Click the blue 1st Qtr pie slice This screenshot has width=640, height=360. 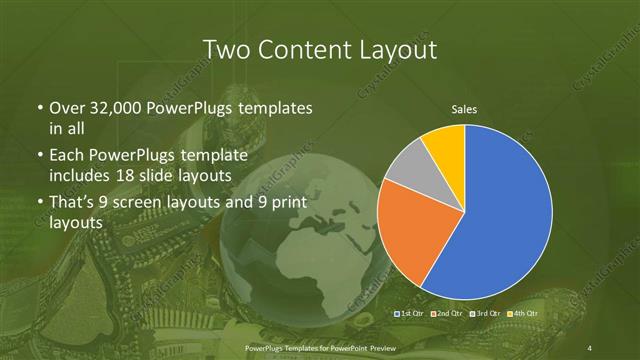coord(505,215)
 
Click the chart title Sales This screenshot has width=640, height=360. coord(463,108)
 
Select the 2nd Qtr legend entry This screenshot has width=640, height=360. coord(446,314)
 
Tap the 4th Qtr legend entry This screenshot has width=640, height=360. coord(521,314)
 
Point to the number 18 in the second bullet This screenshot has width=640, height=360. coord(190,175)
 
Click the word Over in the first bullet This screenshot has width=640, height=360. coord(67,108)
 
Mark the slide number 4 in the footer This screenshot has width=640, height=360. coord(590,347)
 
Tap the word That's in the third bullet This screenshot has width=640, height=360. coord(75,203)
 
